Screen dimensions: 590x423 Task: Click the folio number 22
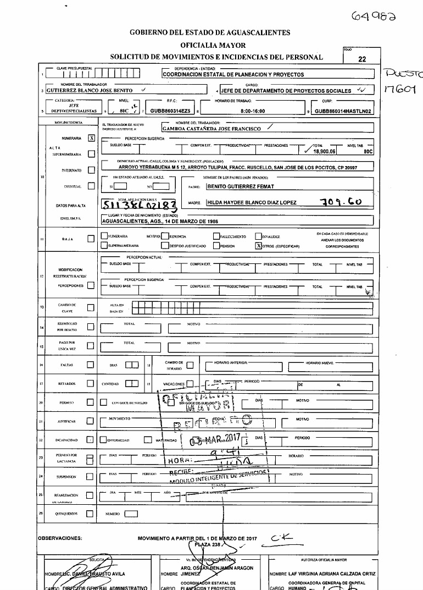coord(361,60)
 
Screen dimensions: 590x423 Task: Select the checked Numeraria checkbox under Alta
coord(92,139)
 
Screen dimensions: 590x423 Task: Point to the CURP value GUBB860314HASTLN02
coord(343,111)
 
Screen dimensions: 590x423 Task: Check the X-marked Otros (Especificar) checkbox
coord(258,246)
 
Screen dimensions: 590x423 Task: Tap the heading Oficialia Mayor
coord(213,45)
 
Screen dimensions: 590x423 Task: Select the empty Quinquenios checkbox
coord(92,514)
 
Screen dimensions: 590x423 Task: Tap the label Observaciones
coord(60,538)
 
